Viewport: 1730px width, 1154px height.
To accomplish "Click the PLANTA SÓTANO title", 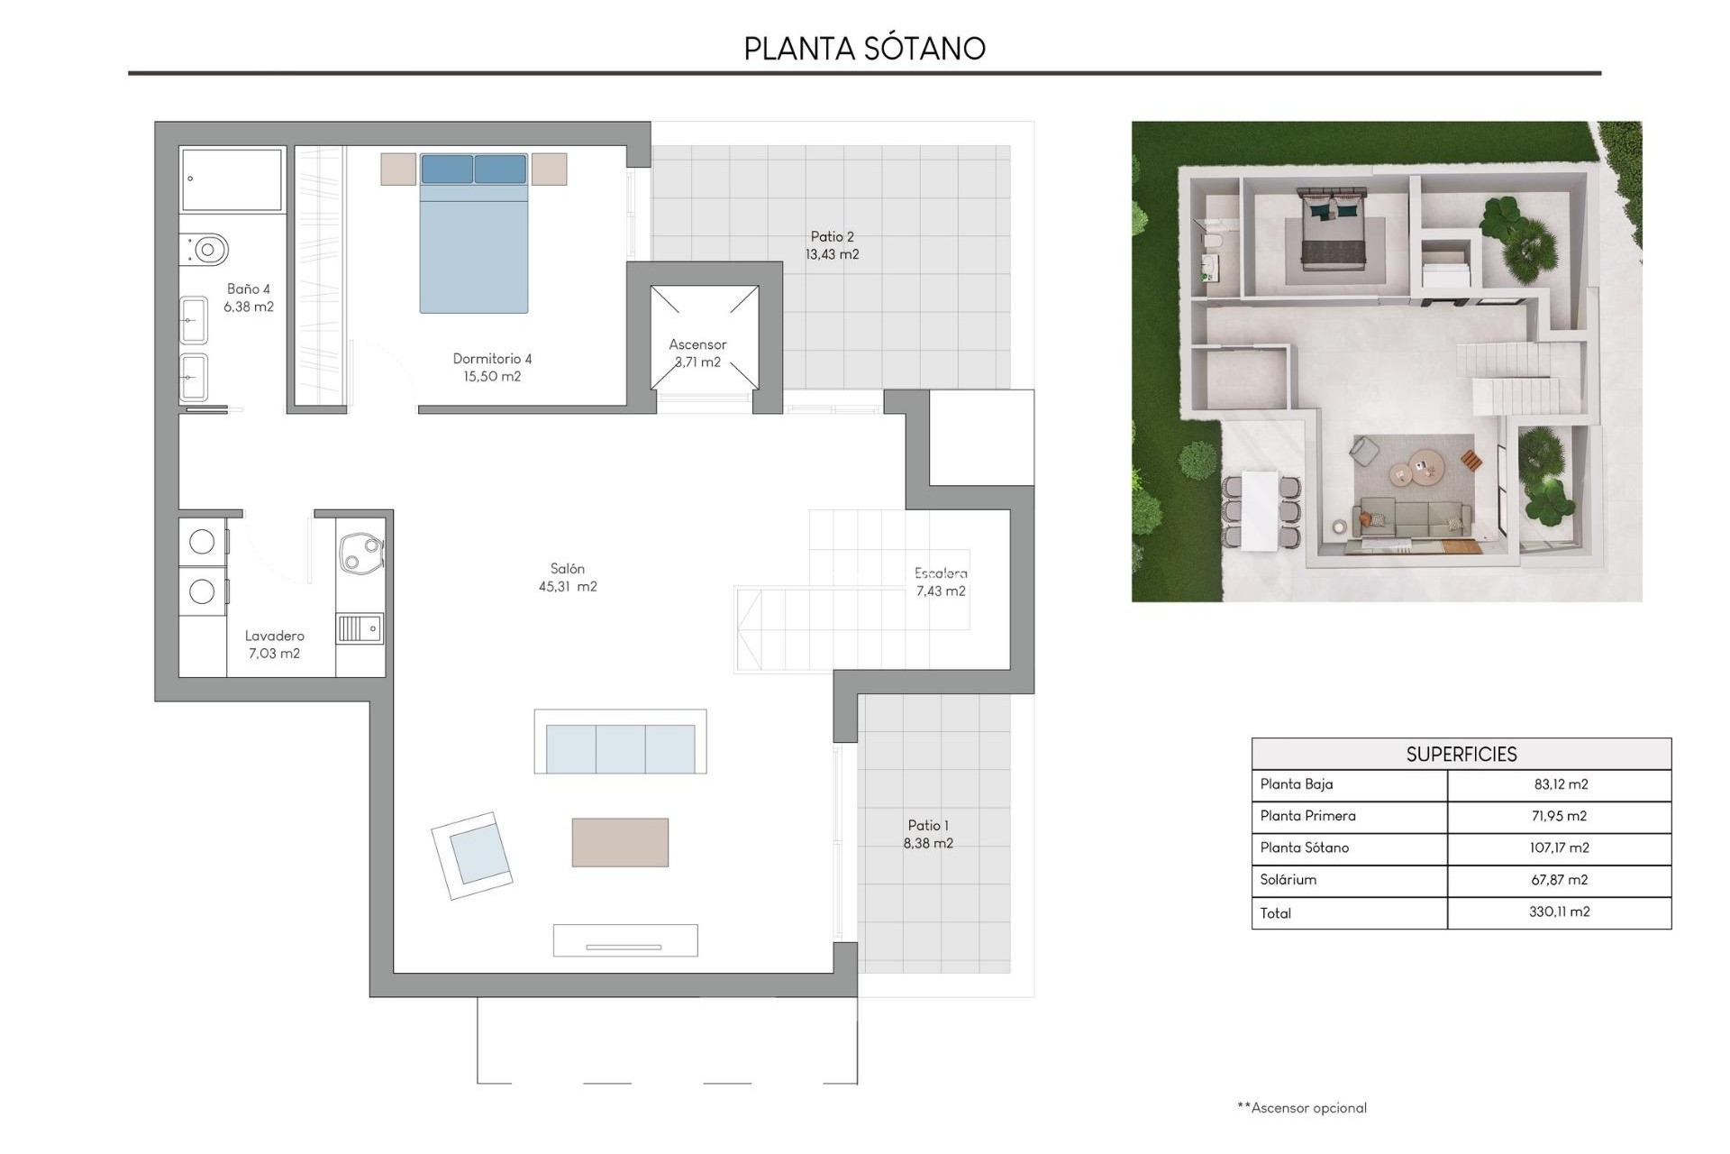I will [x=864, y=48].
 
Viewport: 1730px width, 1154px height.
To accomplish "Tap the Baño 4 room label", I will [x=249, y=289].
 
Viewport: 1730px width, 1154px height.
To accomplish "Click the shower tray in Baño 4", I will [x=232, y=179].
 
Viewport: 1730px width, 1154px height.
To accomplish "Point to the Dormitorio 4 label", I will [x=492, y=359].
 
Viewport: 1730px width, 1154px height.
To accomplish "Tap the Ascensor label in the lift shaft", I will [x=697, y=344].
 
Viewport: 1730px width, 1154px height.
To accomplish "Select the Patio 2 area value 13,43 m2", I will [x=832, y=255].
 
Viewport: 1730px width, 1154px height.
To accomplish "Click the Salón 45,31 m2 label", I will [x=568, y=577].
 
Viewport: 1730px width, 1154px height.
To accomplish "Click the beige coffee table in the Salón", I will [x=620, y=842].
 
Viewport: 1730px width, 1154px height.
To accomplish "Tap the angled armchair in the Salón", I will [x=472, y=855].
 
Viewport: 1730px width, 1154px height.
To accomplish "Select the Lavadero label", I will [x=274, y=636].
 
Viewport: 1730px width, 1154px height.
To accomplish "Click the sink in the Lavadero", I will [x=360, y=628].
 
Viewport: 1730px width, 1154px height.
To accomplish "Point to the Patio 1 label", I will [x=928, y=825].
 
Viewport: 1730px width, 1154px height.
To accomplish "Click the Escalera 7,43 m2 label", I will [x=941, y=582].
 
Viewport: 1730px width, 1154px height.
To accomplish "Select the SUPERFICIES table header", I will [x=1461, y=754].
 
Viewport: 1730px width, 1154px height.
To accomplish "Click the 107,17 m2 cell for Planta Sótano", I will [x=1559, y=847].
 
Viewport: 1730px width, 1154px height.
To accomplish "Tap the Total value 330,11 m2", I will [x=1559, y=911].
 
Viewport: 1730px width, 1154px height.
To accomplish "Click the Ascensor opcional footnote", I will [x=1302, y=1108].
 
